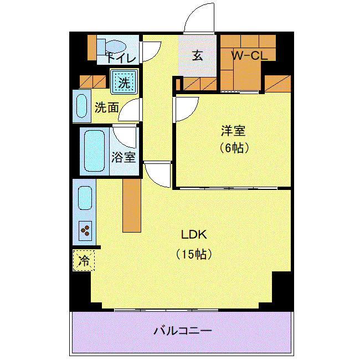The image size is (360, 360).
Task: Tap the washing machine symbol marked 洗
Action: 124,82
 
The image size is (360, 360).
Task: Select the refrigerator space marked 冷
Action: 84,260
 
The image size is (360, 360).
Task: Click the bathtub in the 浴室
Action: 94,151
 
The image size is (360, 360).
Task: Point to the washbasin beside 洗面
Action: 81,106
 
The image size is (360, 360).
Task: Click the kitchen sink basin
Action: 85,198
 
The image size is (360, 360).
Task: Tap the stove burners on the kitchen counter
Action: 85,231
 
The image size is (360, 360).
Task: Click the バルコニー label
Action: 183,331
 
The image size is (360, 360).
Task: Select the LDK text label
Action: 194,235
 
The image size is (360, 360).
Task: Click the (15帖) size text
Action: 194,254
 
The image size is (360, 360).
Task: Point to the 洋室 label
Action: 233,130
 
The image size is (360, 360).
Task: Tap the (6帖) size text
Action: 234,148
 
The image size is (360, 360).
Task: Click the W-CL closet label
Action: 250,55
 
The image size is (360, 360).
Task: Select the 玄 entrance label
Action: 198,55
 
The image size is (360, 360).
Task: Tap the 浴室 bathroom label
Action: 124,157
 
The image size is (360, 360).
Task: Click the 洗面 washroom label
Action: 107,107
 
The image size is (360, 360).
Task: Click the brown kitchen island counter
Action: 132,205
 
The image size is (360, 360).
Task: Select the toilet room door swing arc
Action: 156,54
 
